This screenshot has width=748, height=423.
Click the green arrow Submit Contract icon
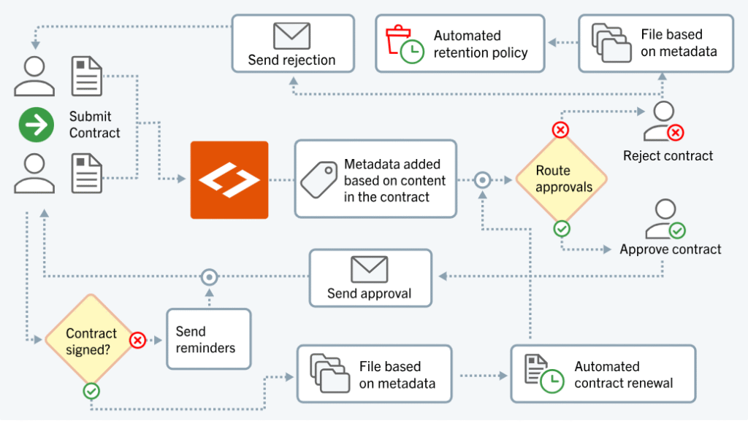36,125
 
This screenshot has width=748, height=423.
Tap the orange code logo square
229,180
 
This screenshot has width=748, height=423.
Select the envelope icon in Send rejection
291,36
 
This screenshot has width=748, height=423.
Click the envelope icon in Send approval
369,269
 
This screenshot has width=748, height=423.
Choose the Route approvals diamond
562,179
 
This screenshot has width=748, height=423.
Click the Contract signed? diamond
91,341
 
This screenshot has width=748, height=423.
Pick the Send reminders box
208,339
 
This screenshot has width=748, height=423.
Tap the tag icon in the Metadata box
318,179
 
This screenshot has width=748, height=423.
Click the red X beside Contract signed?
138,340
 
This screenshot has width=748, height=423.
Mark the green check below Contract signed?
91,391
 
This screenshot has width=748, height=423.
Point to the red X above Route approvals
560,131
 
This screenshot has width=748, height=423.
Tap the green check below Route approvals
561,229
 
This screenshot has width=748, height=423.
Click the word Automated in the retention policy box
467,36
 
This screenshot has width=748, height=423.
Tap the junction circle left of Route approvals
482,179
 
